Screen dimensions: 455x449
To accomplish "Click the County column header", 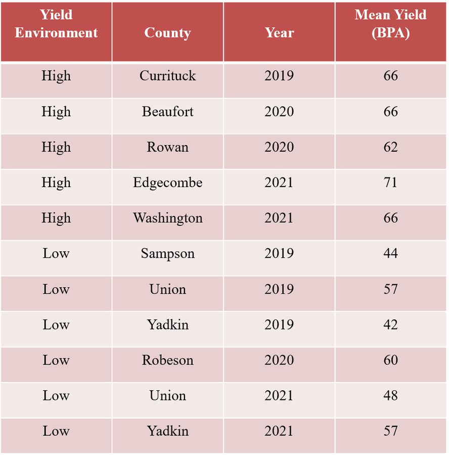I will pos(167,33).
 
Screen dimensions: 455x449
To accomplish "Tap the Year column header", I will pos(279,33).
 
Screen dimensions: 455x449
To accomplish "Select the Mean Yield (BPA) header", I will pos(391,24).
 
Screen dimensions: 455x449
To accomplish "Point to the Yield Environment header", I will pos(56,24).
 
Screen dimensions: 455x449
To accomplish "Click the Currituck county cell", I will pos(167,76).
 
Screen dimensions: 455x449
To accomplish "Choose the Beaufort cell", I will pos(167,112).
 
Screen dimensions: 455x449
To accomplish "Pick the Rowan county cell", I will pos(167,147).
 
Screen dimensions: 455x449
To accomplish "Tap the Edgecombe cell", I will pos(167,183).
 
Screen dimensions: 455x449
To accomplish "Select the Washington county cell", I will pos(167,218).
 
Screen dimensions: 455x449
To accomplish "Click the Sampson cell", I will pos(167,253).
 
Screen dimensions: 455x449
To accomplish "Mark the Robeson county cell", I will pos(167,360).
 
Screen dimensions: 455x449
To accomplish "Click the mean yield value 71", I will pos(391,183).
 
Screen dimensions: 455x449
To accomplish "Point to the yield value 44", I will pos(391,253).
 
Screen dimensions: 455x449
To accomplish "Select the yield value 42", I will pos(391,325).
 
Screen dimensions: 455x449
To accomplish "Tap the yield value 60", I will pos(391,360).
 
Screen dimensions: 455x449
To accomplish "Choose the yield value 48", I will pos(391,395).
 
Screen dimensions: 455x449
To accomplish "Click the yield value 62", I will pos(391,147).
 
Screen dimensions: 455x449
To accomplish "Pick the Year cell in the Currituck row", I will pos(279,76).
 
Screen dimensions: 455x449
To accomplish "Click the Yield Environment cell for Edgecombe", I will pos(56,183).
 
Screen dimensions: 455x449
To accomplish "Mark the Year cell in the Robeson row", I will pos(279,360).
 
